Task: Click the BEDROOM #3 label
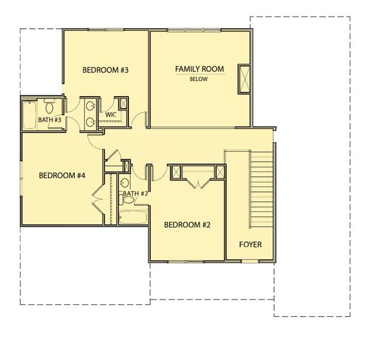coord(106,70)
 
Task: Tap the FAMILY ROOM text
coord(199,69)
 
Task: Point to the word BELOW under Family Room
coord(199,79)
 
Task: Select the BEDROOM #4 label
coord(62,176)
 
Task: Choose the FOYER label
coord(251,245)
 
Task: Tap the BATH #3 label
coord(50,120)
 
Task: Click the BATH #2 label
coord(134,194)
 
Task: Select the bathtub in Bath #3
coord(29,115)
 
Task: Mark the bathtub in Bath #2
coord(133,217)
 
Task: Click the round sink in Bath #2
coord(124,183)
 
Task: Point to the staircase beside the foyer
coord(262,189)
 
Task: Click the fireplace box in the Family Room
coord(245,78)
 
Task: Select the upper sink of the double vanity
coord(91,106)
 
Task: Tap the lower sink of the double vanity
coord(91,121)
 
